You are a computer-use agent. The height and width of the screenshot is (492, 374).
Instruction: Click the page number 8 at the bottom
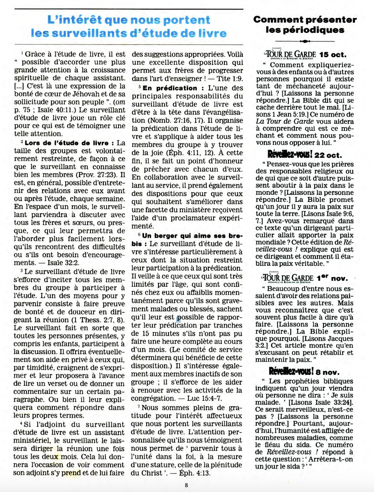point(186,485)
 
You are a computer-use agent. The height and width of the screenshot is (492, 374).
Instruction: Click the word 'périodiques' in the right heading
point(305,30)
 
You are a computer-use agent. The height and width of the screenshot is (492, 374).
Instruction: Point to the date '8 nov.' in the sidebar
point(328,372)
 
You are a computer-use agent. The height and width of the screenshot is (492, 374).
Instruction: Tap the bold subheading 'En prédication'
point(170,88)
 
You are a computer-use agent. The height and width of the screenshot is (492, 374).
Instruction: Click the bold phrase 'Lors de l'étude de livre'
point(67,143)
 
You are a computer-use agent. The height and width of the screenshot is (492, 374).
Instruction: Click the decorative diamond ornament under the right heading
point(305,41)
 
